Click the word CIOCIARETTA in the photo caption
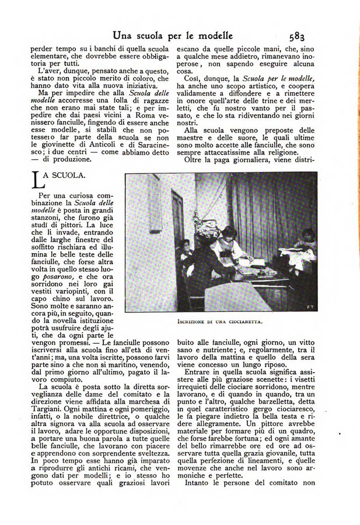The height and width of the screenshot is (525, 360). [x=244, y=321]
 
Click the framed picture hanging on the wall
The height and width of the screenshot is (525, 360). [x=155, y=204]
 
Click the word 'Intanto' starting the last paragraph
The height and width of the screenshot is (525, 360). [x=198, y=482]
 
